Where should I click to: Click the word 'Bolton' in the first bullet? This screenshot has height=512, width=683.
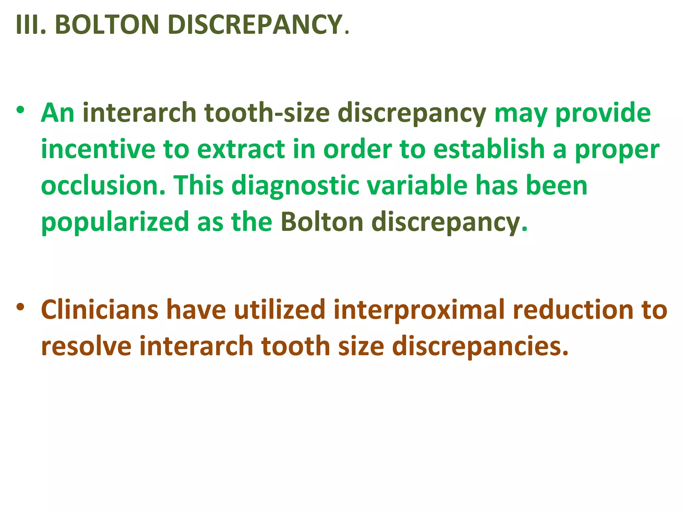(322, 222)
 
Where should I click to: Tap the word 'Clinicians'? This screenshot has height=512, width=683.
(100, 310)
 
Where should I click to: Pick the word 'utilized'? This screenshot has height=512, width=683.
(279, 310)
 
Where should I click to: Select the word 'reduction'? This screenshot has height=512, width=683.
(573, 310)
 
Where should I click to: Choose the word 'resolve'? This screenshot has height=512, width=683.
(86, 346)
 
